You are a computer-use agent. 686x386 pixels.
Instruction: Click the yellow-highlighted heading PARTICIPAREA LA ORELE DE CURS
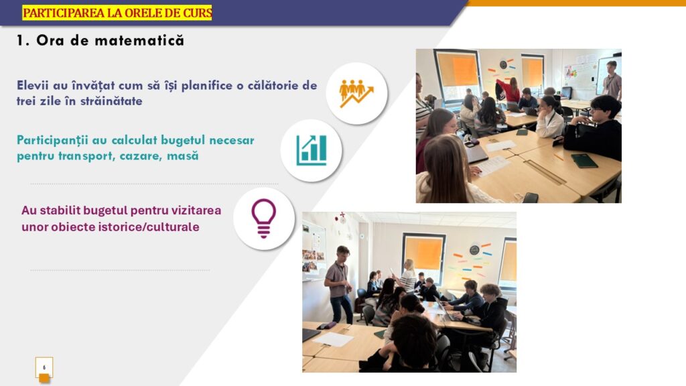[117, 13]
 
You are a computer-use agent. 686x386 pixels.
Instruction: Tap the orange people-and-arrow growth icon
[356, 93]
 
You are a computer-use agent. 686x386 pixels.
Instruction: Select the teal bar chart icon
[311, 150]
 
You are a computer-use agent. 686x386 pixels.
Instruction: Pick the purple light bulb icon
[263, 218]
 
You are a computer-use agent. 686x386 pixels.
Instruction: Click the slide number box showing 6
[44, 368]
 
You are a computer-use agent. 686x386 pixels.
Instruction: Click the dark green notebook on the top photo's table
[584, 161]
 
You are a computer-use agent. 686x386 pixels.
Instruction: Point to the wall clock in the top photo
[503, 65]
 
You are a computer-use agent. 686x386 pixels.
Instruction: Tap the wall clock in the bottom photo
[474, 250]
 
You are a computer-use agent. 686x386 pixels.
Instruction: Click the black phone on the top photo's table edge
[531, 198]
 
